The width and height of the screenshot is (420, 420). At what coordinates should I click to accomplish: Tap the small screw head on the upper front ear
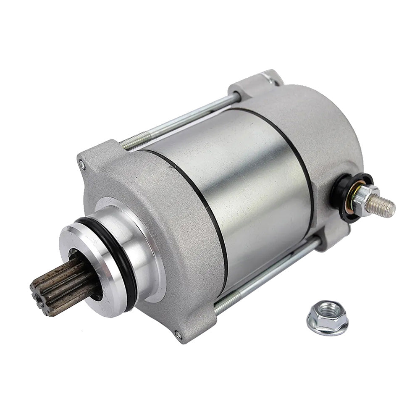point(82,165)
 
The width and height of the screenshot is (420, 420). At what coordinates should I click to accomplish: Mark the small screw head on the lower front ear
point(178,335)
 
